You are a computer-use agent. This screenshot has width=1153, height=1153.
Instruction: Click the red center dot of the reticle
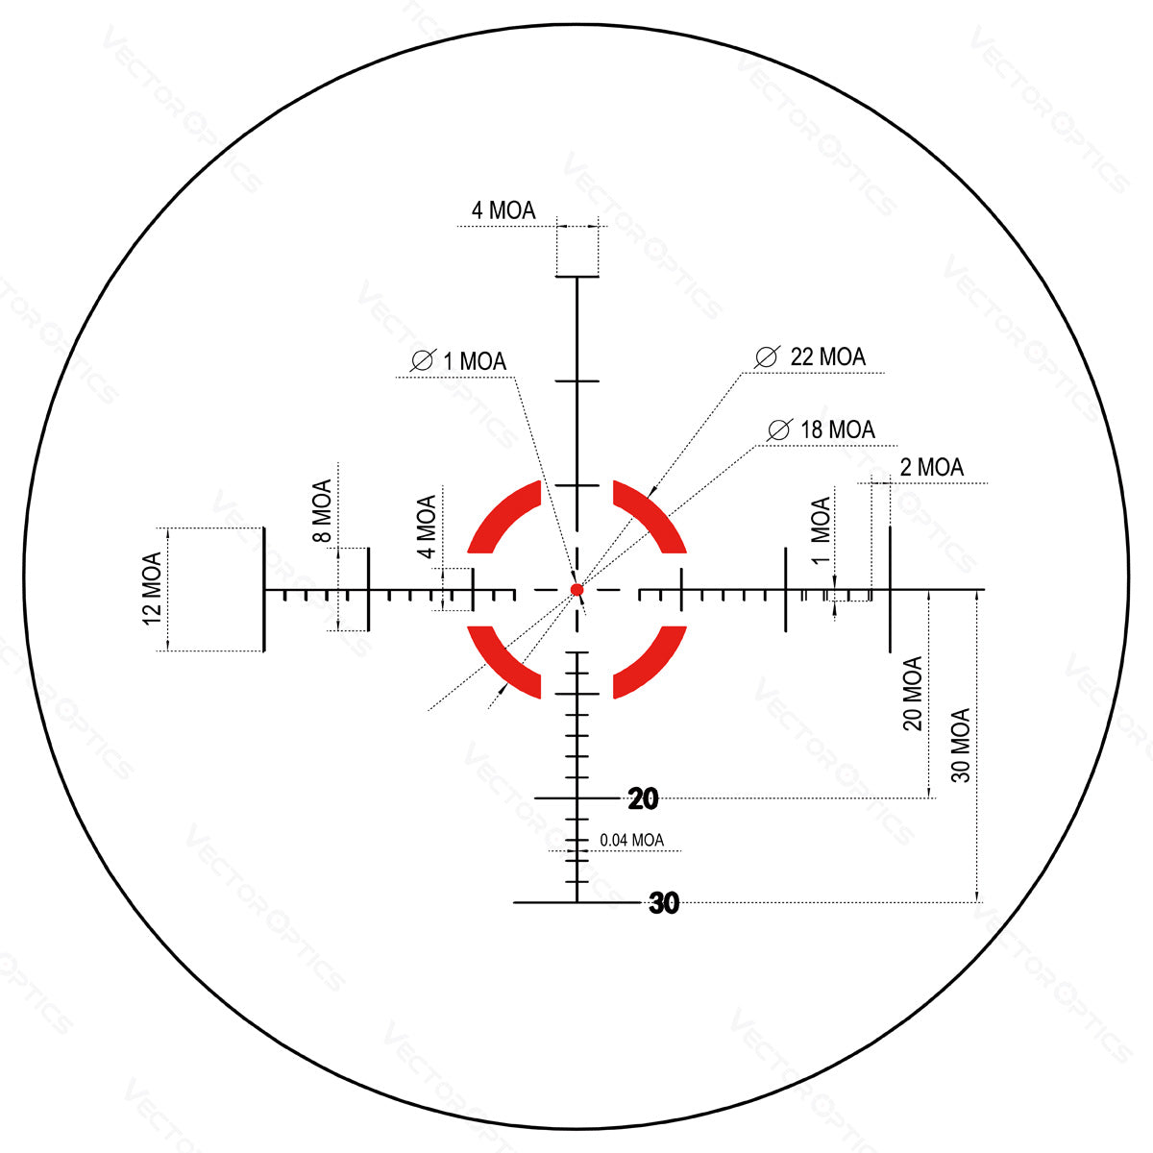coord(576,589)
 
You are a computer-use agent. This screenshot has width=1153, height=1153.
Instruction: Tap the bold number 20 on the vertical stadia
coord(644,797)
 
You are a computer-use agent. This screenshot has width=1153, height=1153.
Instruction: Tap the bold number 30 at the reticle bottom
coord(664,903)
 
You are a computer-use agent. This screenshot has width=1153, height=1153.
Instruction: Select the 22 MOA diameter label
coord(826,357)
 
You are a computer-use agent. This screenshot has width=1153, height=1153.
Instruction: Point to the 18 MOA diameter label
coord(837,429)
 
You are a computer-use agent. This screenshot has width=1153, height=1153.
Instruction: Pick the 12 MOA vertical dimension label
coord(152,588)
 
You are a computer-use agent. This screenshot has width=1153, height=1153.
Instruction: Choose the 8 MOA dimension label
coord(322,511)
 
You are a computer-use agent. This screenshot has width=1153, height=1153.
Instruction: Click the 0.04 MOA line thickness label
coord(631,840)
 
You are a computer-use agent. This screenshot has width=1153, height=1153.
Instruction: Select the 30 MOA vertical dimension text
coord(961,745)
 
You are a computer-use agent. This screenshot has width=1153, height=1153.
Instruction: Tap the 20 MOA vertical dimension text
coord(912,693)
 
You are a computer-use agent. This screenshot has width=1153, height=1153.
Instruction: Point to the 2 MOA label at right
coord(931,468)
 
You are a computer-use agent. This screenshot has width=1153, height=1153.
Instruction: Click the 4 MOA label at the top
coord(503,210)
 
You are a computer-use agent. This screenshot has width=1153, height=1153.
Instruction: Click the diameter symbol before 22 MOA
coord(766,357)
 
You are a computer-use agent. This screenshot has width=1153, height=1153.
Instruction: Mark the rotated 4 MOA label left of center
coord(427,526)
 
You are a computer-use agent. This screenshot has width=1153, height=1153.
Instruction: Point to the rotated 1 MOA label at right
coord(820,530)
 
